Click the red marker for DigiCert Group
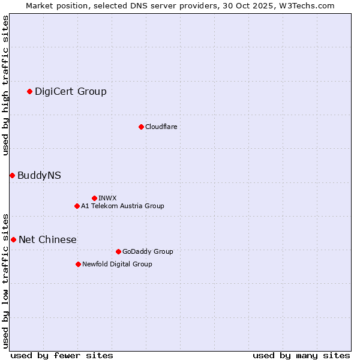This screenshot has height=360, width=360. [x=29, y=91]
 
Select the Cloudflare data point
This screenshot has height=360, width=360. [x=141, y=127]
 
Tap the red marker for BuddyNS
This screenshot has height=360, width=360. [x=12, y=175]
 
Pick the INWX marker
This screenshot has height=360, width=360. [x=94, y=198]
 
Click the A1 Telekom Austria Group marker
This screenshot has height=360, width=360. [x=77, y=206]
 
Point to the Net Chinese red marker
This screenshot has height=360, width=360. [x=13, y=239]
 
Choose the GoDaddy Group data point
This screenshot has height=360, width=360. [x=118, y=251]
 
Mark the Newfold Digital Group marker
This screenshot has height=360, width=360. [x=78, y=264]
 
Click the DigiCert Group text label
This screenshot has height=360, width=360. [x=71, y=91]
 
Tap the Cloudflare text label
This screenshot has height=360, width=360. [x=161, y=127]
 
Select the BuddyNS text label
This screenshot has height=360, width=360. [x=39, y=175]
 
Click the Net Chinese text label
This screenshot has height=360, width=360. [x=47, y=239]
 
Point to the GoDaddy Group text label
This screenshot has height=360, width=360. [x=148, y=251]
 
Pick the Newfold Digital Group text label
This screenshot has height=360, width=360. [x=117, y=264]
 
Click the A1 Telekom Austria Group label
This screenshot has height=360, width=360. [x=122, y=206]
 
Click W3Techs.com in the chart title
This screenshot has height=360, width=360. [x=307, y=5]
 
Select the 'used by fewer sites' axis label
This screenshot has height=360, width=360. [x=62, y=355]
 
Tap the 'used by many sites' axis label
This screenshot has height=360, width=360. [x=301, y=355]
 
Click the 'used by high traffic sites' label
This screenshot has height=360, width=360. [x=5, y=85]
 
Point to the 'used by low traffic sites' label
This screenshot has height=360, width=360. [x=5, y=280]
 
